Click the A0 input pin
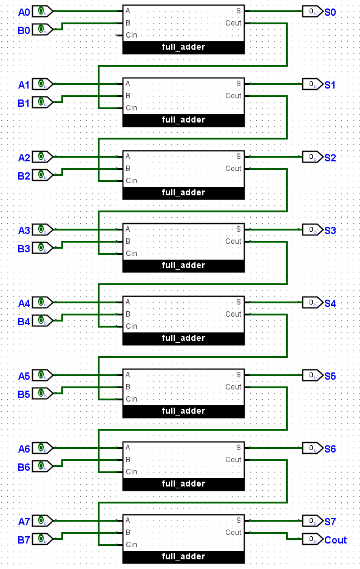click(x=42, y=12)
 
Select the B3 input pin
click(x=42, y=248)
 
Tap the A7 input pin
click(x=42, y=520)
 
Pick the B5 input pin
click(x=42, y=393)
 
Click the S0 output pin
click(x=313, y=12)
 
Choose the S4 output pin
click(x=313, y=303)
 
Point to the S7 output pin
click(x=313, y=521)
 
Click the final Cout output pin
click(x=313, y=539)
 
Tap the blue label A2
click(x=24, y=158)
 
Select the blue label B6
click(x=24, y=467)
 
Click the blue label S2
click(x=330, y=158)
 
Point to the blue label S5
click(x=330, y=376)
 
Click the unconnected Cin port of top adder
click(x=117, y=35)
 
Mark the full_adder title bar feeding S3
click(x=183, y=266)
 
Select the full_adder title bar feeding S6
click(x=183, y=484)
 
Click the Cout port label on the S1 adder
click(x=233, y=96)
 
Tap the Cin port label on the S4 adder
click(x=132, y=326)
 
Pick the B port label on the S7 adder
click(x=128, y=533)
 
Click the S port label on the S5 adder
click(x=239, y=374)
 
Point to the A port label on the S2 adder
click(x=128, y=157)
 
